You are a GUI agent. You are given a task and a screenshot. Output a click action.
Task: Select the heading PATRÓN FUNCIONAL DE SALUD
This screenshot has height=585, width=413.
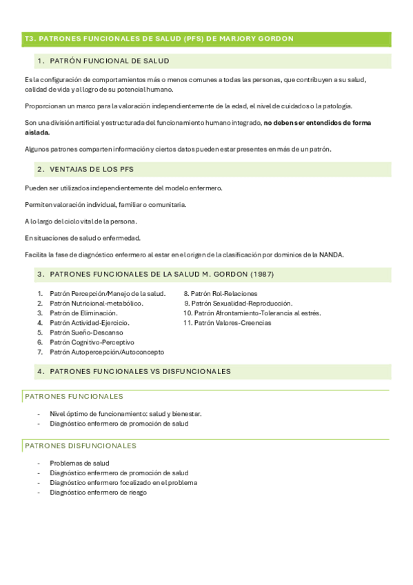coord(110,61)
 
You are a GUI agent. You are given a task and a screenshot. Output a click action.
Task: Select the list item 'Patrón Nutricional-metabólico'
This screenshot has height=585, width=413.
coord(96,304)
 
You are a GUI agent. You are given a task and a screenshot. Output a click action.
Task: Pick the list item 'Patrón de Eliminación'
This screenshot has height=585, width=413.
coord(83,313)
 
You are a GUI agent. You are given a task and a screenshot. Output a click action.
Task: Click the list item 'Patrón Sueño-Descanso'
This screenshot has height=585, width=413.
coord(86,333)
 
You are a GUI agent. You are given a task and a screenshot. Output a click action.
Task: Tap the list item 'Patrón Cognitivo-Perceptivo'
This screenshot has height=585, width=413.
coord(92,342)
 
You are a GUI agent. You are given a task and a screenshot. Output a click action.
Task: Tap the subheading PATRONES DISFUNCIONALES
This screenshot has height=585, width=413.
coord(80,446)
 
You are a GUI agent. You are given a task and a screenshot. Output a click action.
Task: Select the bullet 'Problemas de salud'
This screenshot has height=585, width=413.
coord(79,464)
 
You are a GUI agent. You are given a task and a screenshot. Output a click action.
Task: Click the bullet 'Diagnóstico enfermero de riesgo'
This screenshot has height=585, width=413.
coord(98,493)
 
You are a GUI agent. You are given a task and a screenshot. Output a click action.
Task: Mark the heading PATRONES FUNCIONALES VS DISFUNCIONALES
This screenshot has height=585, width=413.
coord(141,371)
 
